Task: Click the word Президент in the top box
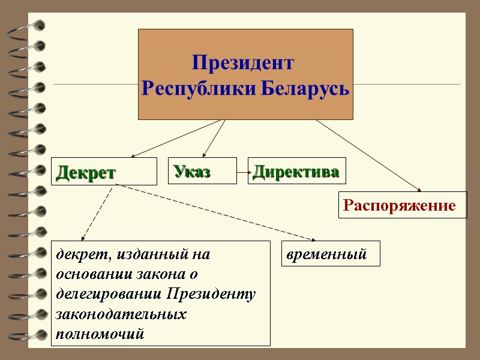coord(244,62)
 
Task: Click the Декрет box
coord(103,172)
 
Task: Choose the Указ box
coord(202,171)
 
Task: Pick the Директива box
coord(296,171)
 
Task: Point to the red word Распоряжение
coord(399,206)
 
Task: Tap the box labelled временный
coord(330,254)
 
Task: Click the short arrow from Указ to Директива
coord(242,172)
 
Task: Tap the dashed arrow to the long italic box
coord(97,212)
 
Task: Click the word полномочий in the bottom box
coord(100,334)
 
